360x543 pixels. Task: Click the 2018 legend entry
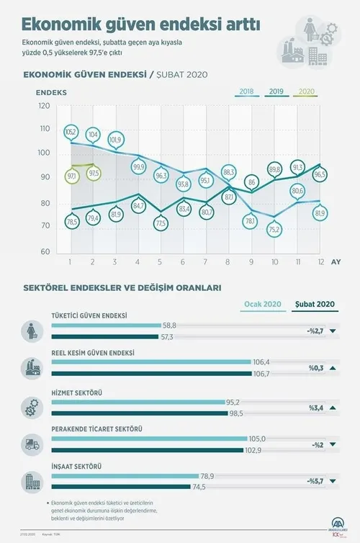246,92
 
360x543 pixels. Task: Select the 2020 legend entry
306,92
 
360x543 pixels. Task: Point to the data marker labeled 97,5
94,174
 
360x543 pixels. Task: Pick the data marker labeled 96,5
320,174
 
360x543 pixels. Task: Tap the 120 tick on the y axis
45,106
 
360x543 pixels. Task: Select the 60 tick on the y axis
45,251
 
